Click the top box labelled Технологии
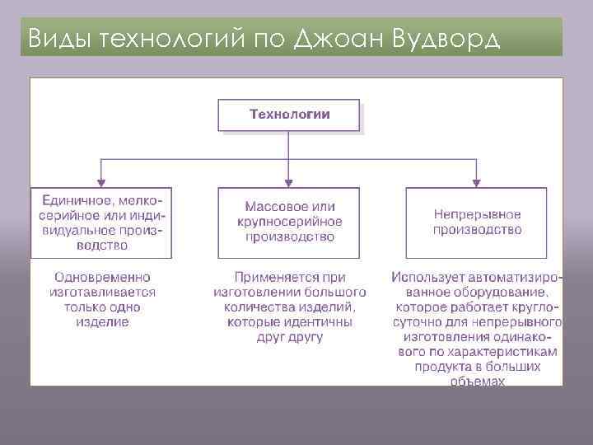[288, 115]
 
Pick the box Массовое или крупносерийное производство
[290, 222]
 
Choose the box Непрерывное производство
[477, 222]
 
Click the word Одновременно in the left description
[102, 278]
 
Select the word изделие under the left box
[103, 322]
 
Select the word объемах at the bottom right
[478, 381]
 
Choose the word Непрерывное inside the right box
[477, 214]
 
